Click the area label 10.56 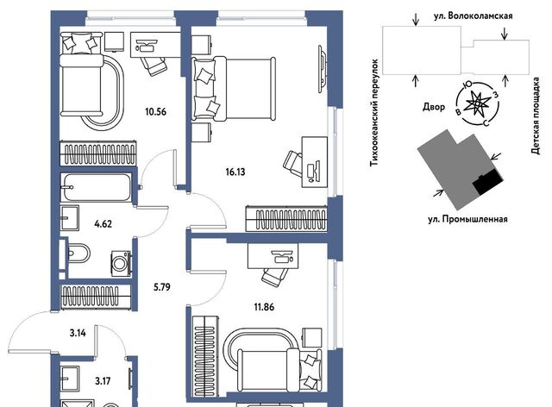155,112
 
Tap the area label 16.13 235,172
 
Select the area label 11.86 264,307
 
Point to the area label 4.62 103,224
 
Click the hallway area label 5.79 162,287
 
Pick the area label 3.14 78,333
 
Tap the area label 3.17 103,381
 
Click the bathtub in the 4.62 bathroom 96,187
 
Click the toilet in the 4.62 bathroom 78,254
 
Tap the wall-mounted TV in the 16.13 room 322,69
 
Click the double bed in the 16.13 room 234,89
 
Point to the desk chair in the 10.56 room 154,66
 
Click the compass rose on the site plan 477,103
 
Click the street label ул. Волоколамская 473,16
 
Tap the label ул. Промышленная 467,219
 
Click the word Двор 433,107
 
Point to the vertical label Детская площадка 536,116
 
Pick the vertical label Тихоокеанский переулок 374,113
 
